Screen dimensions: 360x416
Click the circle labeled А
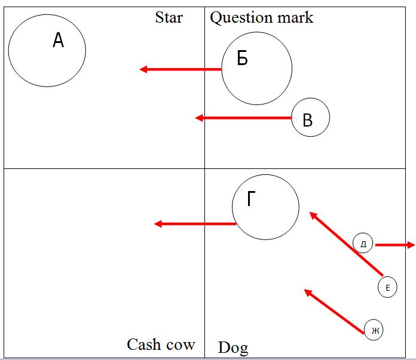[47, 50]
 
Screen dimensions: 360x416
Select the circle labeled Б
[257, 67]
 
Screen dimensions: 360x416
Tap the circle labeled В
[311, 118]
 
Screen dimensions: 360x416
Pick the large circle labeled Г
[265, 207]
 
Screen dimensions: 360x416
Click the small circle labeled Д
[363, 244]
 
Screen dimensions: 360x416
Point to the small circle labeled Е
[387, 288]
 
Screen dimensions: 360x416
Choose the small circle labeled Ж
[374, 330]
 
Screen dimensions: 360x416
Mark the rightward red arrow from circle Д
[394, 244]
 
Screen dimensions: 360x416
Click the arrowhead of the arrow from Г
[159, 224]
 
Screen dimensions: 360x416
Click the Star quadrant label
[169, 17]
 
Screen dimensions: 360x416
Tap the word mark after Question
[294, 17]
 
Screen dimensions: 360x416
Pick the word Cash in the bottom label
[144, 344]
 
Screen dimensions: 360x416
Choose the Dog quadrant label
[233, 347]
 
